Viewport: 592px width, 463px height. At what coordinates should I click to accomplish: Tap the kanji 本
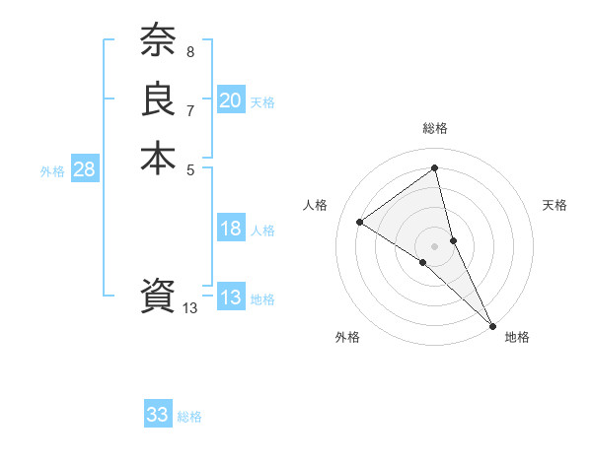[x=158, y=159]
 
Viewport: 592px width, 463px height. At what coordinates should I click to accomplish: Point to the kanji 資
[x=158, y=296]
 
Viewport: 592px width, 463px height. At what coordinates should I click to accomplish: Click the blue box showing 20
[x=231, y=99]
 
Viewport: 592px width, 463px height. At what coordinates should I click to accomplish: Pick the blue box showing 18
[x=231, y=229]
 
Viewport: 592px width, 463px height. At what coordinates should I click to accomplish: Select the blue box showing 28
[x=85, y=169]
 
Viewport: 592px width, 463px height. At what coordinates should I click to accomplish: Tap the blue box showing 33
[x=158, y=415]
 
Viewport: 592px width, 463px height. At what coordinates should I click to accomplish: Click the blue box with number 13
[x=231, y=298]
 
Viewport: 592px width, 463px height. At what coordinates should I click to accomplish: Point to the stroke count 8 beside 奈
[x=189, y=50]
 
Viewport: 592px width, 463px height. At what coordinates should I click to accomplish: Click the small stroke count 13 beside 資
[x=189, y=308]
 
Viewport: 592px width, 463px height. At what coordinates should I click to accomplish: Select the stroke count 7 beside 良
[x=189, y=110]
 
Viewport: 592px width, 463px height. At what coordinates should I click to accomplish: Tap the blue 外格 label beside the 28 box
[x=52, y=171]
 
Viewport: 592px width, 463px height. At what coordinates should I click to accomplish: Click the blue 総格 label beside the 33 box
[x=189, y=417]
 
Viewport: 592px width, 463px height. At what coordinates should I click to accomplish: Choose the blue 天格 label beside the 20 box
[x=262, y=102]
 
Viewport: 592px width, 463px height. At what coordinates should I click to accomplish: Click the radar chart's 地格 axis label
[x=517, y=337]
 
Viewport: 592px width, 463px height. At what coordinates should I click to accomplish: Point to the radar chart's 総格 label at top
[x=435, y=128]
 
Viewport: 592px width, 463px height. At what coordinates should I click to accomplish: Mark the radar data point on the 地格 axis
[x=491, y=324]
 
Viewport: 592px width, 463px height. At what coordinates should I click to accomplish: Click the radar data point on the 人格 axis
[x=360, y=223]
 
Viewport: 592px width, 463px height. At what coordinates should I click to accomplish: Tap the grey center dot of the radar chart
[x=434, y=245]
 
